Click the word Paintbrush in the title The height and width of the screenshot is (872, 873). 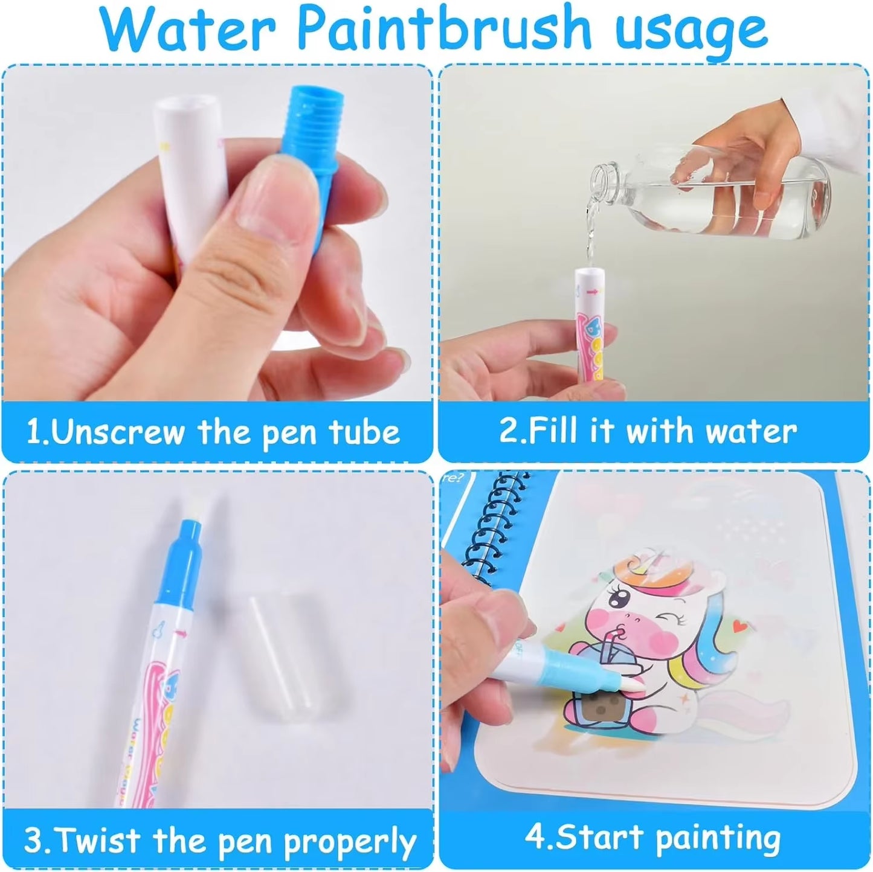click(x=444, y=29)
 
